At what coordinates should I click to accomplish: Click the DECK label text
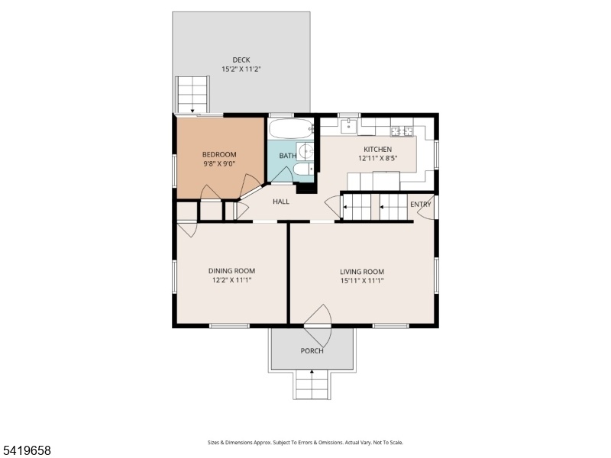coord(241,60)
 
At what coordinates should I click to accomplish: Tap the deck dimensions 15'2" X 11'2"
coord(241,69)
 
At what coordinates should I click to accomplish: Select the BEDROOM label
coord(219,155)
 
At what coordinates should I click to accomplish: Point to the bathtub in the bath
coord(292,128)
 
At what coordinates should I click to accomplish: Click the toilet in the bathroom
coord(304,169)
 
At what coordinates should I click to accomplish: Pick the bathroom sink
coord(306,150)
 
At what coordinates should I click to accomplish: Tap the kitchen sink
coord(349,126)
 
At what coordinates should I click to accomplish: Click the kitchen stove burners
coord(402,131)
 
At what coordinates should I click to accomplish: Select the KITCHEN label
coord(377,149)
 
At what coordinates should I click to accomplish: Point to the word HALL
coord(281,202)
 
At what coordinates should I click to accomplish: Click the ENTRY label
coord(421,205)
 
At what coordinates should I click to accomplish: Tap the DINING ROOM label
coord(232,271)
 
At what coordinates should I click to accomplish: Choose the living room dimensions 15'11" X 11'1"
coord(362,280)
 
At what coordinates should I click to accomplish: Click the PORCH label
coord(312,351)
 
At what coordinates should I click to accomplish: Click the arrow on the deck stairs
coord(192,111)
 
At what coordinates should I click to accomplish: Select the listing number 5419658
coord(25,450)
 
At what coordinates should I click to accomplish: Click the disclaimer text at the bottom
coord(305,443)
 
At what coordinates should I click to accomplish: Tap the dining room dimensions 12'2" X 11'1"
coord(232,280)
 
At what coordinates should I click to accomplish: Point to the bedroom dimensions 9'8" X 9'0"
coord(219,164)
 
